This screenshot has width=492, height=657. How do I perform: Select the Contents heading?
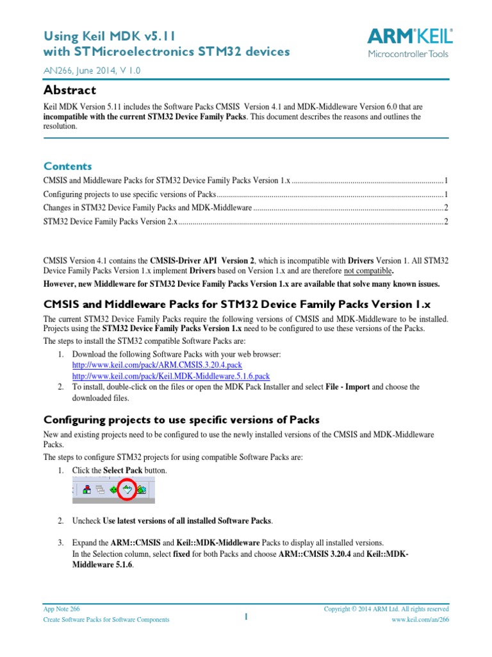[x=67, y=166]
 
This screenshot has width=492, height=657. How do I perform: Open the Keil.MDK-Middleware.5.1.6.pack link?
[x=170, y=376]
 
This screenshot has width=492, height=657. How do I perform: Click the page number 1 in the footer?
[x=245, y=617]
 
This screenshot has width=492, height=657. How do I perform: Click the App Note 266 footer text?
[x=61, y=609]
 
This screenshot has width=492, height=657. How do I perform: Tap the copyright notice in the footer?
[x=386, y=609]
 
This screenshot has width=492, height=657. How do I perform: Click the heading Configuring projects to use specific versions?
[x=181, y=420]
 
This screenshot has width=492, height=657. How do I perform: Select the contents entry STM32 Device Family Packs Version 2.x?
[x=110, y=222]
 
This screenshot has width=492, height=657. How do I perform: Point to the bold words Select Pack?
[x=124, y=471]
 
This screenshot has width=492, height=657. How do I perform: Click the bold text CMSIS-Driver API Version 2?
[x=202, y=261]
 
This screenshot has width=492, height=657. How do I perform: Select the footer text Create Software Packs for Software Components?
[x=106, y=620]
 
